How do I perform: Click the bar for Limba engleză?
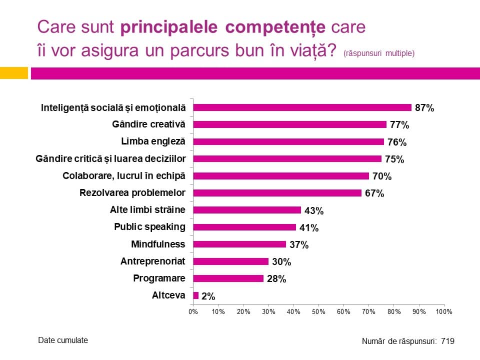coord(288,141)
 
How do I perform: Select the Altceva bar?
coord(196,295)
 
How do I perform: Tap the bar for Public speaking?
coord(244,227)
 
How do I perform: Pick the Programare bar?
coord(228,278)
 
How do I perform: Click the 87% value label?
coord(424,108)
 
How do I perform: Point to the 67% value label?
coord(374,193)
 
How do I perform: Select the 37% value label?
coord(299,245)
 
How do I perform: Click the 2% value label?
coord(208,296)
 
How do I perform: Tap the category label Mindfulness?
coord(158,244)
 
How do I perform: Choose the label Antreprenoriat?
coord(152,261)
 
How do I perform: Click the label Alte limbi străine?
coord(147,210)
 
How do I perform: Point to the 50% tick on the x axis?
coord(318,311)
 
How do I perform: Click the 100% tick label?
coord(444,311)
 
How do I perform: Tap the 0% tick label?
coord(193,311)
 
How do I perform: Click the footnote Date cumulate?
coord(63,340)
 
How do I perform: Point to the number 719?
coord(447,341)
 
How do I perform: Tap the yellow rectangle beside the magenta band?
coord(13,73)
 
